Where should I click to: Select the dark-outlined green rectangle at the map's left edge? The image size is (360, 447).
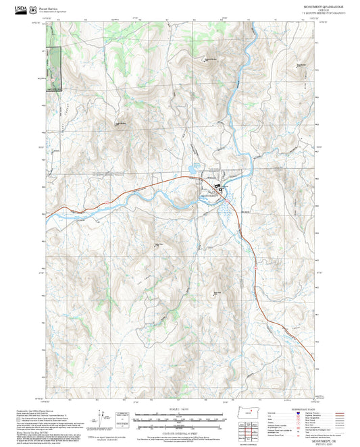click(53, 68)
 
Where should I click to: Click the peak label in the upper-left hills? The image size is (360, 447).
click(120, 124)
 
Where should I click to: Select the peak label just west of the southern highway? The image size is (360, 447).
click(216, 292)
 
